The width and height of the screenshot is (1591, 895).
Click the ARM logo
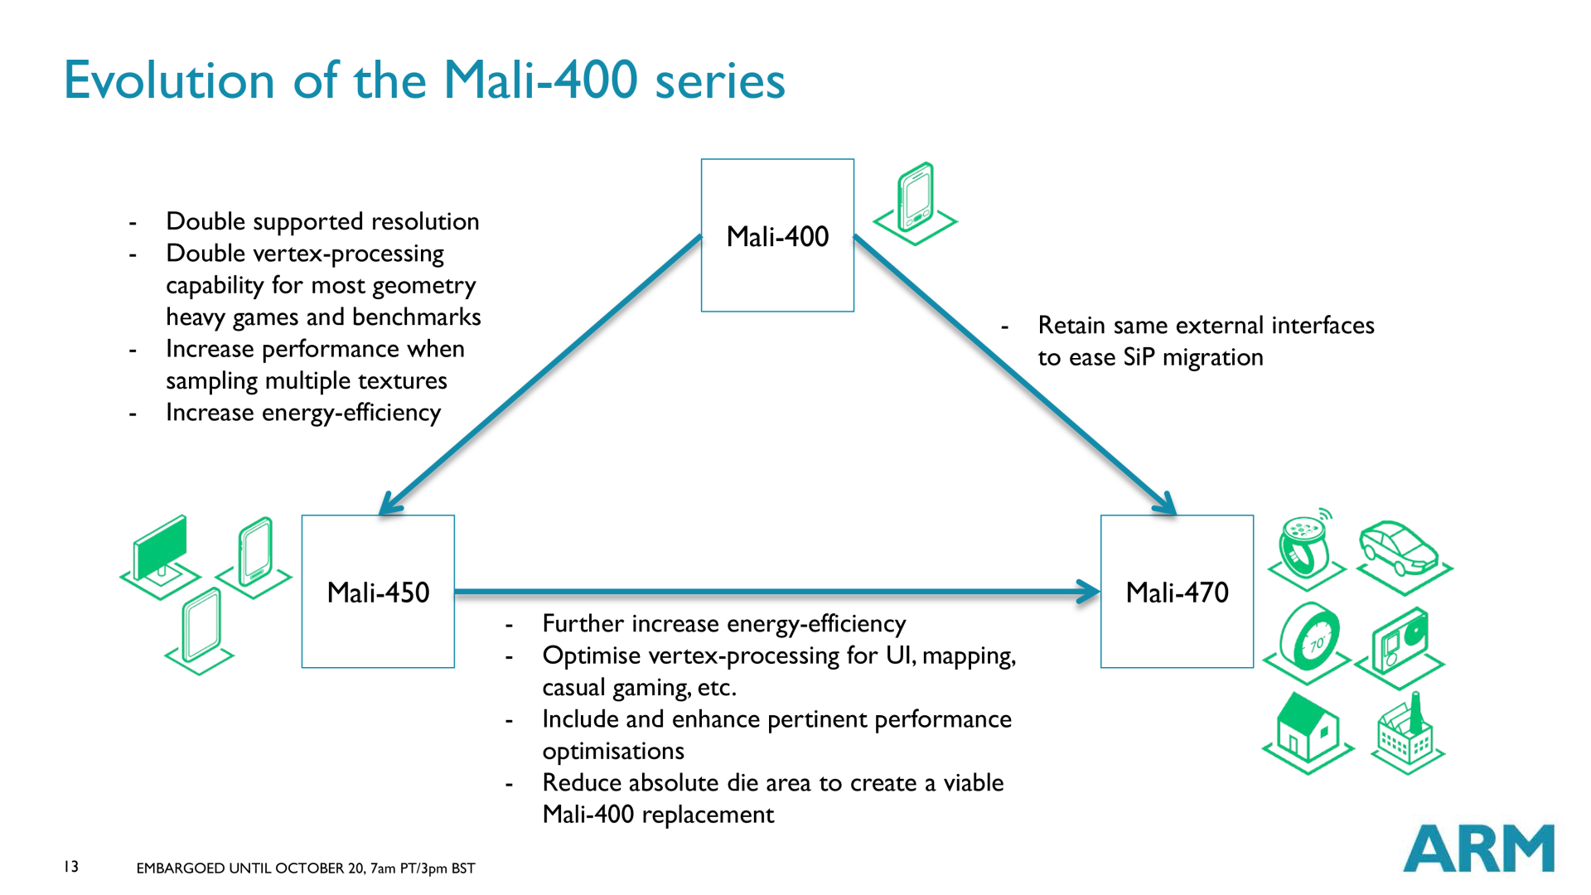(x=1479, y=848)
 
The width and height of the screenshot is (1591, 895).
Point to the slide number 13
(x=71, y=866)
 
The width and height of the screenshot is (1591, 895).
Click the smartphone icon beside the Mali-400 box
(x=916, y=204)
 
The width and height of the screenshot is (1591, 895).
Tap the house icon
(x=1308, y=733)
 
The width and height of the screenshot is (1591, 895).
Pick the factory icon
(x=1407, y=733)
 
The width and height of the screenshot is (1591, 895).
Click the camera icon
(x=1400, y=646)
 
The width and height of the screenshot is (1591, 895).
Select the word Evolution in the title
(x=169, y=80)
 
